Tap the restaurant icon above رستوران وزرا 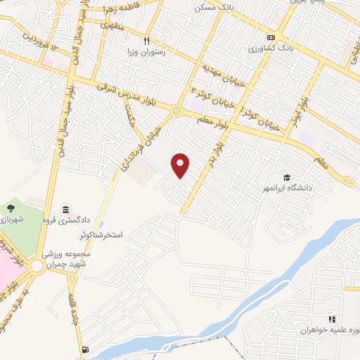(x=147, y=41)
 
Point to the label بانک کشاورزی (x=271, y=49)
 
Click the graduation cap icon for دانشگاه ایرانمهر (x=286, y=177)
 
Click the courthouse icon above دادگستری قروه (x=65, y=209)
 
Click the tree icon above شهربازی (x=11, y=208)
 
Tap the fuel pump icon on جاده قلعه (x=85, y=349)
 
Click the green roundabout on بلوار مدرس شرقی (x=176, y=110)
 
